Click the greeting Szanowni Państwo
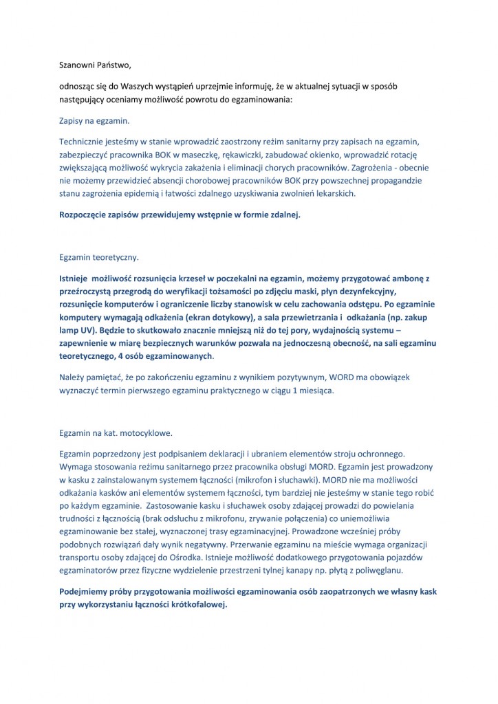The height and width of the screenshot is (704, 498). pos(94,65)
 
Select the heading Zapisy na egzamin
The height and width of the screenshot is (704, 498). pos(93,120)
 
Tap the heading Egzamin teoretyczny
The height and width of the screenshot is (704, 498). pos(99,258)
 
